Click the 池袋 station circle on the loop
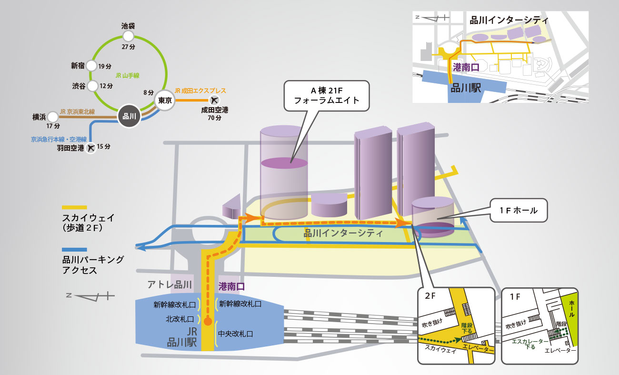point(128,36)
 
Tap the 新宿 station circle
point(92,66)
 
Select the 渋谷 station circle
point(92,86)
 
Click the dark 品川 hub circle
point(129,116)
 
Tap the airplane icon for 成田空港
point(215,100)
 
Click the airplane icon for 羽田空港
point(90,148)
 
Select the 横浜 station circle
point(52,116)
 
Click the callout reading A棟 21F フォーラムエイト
point(326,96)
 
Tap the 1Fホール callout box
point(519,210)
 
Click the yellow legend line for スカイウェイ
point(74,207)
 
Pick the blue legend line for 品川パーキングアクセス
point(74,249)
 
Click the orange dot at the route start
point(208,321)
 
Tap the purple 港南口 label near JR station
point(231,286)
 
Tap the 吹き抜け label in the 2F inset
point(432,322)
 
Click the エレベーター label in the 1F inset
point(560,350)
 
